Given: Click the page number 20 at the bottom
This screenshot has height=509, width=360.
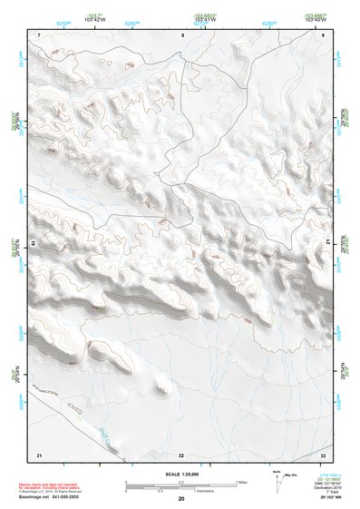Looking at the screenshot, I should coord(181,499).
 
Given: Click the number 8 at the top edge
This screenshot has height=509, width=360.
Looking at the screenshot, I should coord(182,34).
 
